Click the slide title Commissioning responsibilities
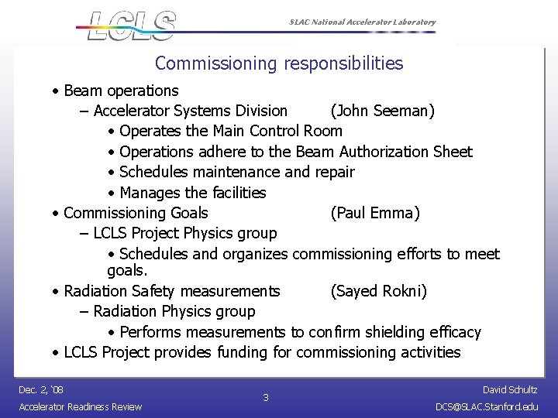coord(279,63)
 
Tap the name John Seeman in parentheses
coord(382,111)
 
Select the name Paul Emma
coord(375,213)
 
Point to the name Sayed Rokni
coord(378,291)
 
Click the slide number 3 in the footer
coord(266,398)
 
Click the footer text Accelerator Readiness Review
coord(80,406)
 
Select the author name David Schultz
coord(510,389)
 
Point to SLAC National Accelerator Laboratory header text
coord(359,22)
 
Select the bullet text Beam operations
coord(121,91)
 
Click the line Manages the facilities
coord(192,192)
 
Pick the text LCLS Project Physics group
coord(185,233)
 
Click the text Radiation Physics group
coord(174,311)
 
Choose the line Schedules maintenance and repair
coord(237,172)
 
